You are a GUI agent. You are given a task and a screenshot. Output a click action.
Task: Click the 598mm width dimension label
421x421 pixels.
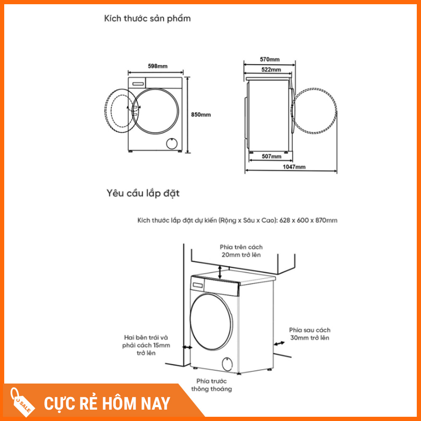click(157, 66)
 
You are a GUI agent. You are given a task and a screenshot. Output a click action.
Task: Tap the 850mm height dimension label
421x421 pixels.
click(201, 115)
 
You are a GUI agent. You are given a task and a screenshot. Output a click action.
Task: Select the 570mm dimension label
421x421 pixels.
click(269, 59)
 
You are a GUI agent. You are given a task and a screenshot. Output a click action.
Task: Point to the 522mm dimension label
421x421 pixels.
click(271, 69)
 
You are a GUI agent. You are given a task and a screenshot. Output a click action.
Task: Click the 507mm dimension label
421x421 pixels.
click(272, 156)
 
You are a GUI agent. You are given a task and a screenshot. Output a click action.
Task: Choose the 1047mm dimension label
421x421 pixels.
click(294, 167)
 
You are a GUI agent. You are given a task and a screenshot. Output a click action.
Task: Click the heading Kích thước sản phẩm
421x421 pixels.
click(147, 19)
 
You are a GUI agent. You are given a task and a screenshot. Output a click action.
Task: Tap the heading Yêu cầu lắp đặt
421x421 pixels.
click(143, 193)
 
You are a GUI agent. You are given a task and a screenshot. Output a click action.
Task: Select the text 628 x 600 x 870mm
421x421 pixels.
click(308, 221)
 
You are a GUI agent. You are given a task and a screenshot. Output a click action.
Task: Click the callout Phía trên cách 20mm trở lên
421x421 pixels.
click(241, 251)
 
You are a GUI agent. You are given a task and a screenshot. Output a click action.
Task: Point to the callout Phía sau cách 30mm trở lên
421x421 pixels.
click(309, 334)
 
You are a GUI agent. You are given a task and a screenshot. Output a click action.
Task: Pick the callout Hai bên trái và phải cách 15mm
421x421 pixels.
click(146, 345)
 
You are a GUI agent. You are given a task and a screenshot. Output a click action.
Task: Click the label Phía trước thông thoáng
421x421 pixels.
click(212, 385)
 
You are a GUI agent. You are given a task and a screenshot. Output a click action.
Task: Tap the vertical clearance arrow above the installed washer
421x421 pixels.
click(220, 272)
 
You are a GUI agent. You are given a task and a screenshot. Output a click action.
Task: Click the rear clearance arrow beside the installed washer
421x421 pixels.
click(279, 344)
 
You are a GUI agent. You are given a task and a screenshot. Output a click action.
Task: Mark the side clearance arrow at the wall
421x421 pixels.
click(187, 347)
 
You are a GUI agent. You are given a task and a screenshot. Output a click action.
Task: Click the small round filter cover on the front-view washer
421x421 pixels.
click(171, 144)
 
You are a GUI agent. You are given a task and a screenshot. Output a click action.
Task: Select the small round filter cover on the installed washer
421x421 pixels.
click(227, 364)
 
